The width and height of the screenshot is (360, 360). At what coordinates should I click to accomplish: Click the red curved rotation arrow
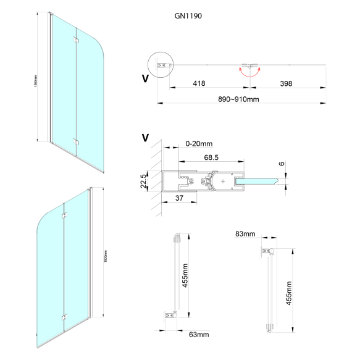pos(248,73)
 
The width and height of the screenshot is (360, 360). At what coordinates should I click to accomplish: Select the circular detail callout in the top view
pos(161,64)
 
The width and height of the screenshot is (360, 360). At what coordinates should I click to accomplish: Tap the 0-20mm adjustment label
pos(197,144)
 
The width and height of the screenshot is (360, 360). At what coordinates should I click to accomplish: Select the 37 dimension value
pos(178,198)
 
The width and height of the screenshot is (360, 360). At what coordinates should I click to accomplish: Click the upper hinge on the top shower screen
pos(75,40)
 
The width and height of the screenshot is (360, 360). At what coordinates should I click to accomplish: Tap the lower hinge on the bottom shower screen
pos(64,317)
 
